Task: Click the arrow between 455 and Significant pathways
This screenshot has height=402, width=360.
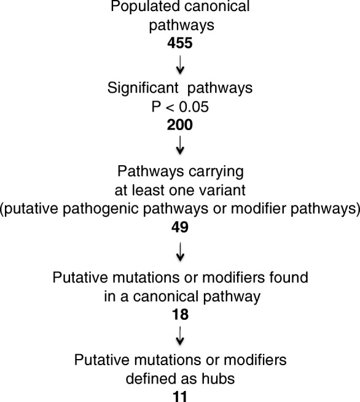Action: (x=180, y=64)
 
